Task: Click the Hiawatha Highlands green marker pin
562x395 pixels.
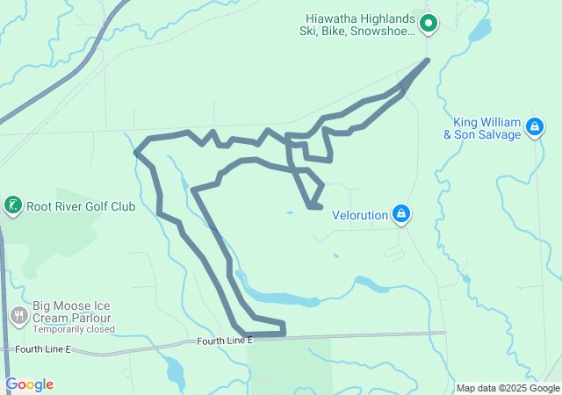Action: click(x=428, y=23)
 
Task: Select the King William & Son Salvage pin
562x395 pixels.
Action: click(x=533, y=128)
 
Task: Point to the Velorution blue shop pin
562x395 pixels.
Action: click(x=400, y=213)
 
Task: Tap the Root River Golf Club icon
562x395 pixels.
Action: click(x=12, y=206)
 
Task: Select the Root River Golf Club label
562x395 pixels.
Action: click(x=81, y=207)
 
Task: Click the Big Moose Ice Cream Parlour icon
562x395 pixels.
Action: click(x=19, y=314)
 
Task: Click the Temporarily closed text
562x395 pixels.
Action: click(x=74, y=330)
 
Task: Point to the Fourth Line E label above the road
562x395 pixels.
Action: click(x=225, y=340)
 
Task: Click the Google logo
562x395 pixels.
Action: click(x=29, y=384)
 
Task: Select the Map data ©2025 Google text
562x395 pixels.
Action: click(x=508, y=388)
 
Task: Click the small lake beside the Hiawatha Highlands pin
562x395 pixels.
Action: click(x=479, y=32)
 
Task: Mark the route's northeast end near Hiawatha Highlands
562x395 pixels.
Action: click(x=428, y=60)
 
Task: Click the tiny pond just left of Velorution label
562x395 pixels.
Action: click(x=289, y=212)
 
